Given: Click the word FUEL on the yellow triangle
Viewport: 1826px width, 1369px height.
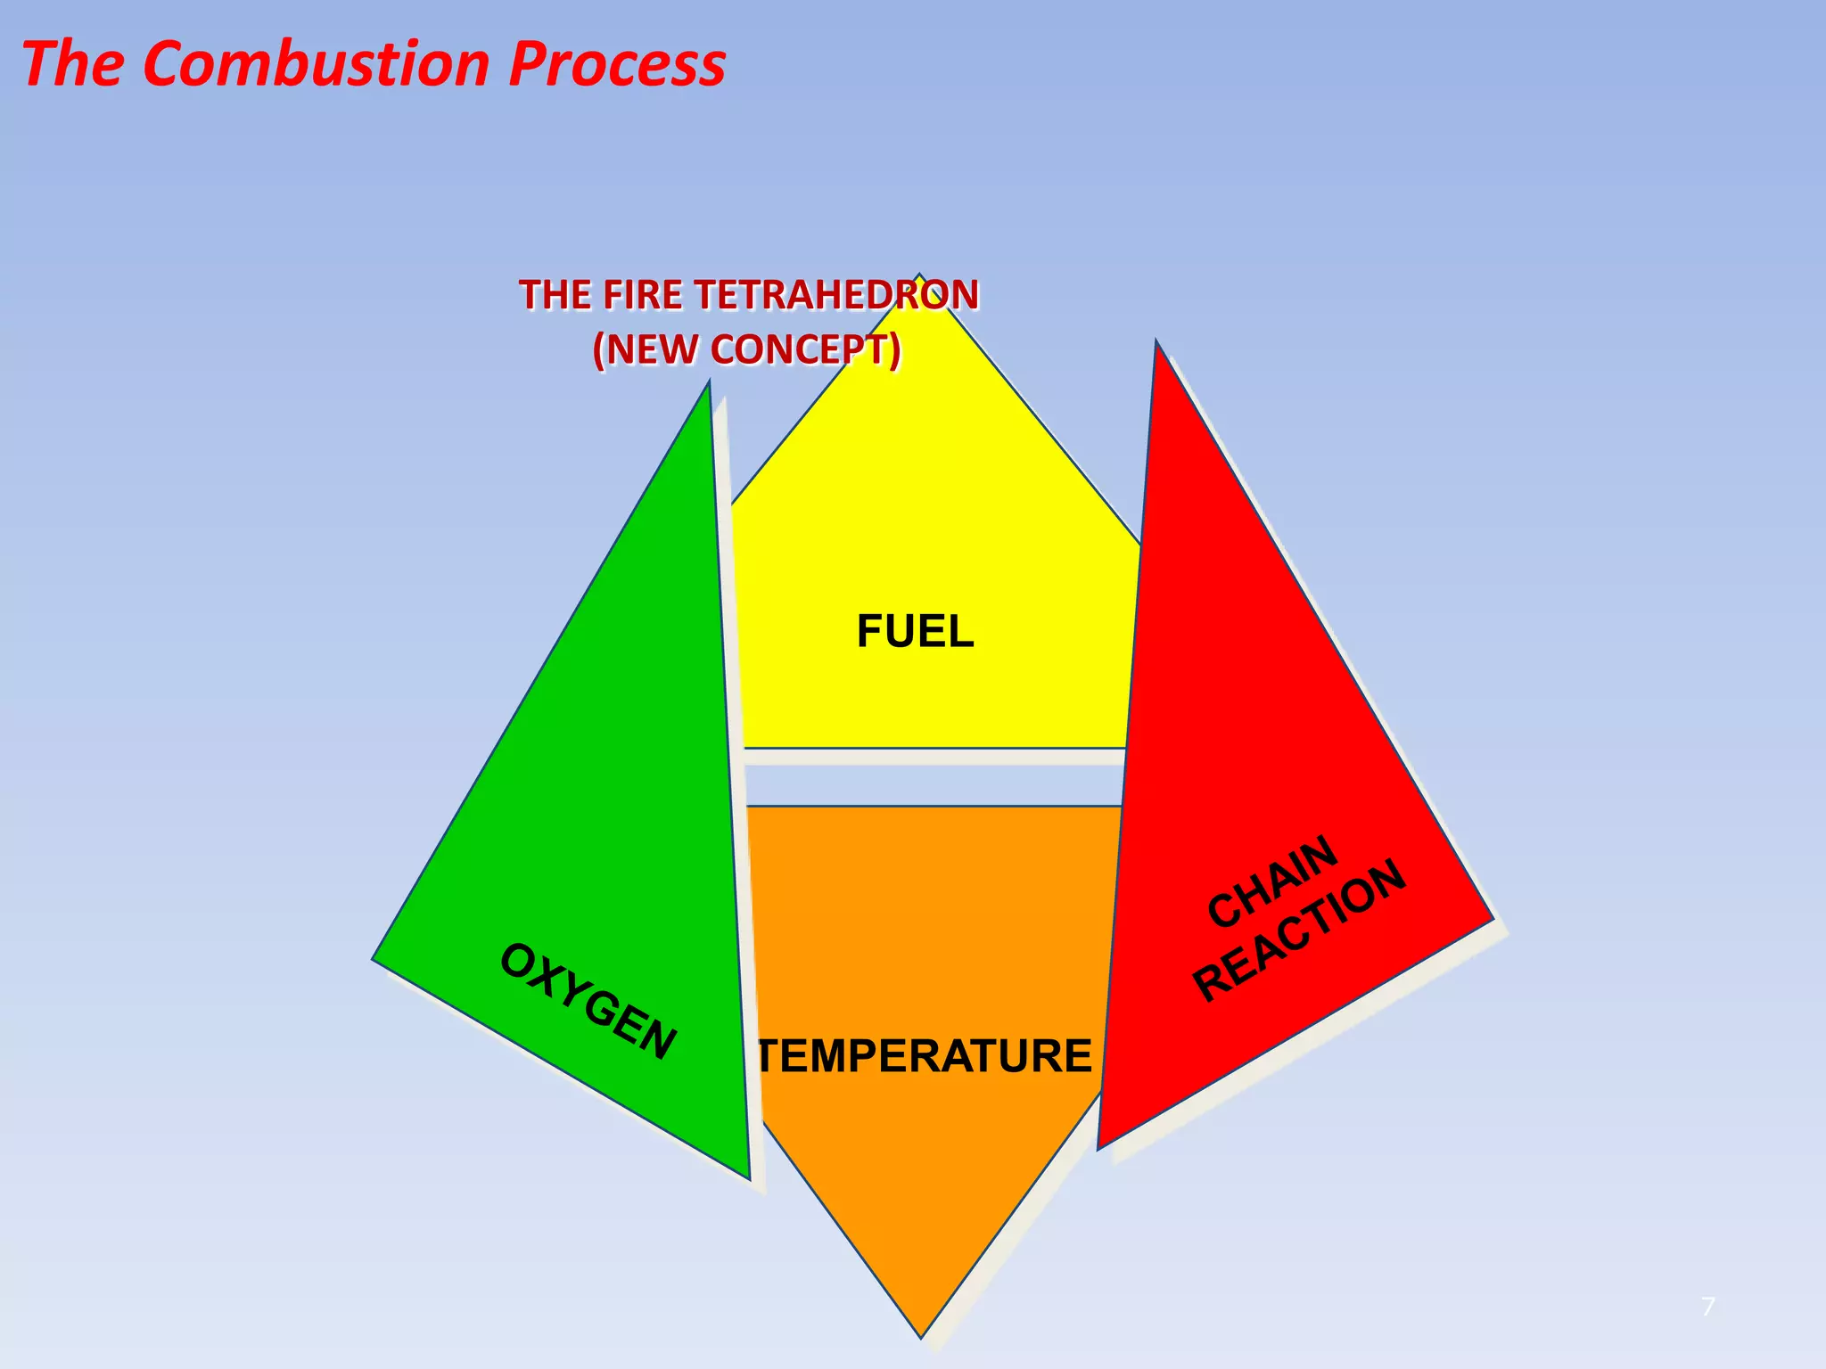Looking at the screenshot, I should pyautogui.click(x=915, y=632).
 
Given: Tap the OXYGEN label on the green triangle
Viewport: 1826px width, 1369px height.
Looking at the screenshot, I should pyautogui.click(x=588, y=1002).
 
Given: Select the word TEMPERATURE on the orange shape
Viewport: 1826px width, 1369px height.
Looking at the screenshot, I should pyautogui.click(x=924, y=1056).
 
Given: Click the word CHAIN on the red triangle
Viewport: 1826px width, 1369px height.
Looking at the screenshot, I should pyautogui.click(x=1272, y=881).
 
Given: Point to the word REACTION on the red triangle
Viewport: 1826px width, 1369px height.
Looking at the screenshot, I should pyautogui.click(x=1300, y=931).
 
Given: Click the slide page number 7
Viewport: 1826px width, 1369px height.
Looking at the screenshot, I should pyautogui.click(x=1707, y=1308).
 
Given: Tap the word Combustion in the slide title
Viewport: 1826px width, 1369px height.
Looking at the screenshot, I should pyautogui.click(x=316, y=64).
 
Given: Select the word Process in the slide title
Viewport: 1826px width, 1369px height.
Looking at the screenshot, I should pyautogui.click(x=617, y=64).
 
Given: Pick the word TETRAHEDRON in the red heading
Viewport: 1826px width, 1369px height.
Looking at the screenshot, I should pyautogui.click(x=835, y=295).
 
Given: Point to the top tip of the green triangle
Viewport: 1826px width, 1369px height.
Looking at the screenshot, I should pyautogui.click(x=709, y=383).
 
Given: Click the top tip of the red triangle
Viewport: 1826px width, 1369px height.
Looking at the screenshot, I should pyautogui.click(x=1156, y=342).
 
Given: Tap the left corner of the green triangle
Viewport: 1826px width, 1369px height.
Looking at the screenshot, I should pyautogui.click(x=374, y=959).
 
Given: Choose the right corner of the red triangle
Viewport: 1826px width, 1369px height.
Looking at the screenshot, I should pyautogui.click(x=1492, y=919).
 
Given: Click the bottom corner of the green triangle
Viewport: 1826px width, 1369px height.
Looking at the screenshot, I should pyautogui.click(x=749, y=1178).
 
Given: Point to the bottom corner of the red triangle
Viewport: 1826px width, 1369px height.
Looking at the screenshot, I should pyautogui.click(x=1098, y=1148).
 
